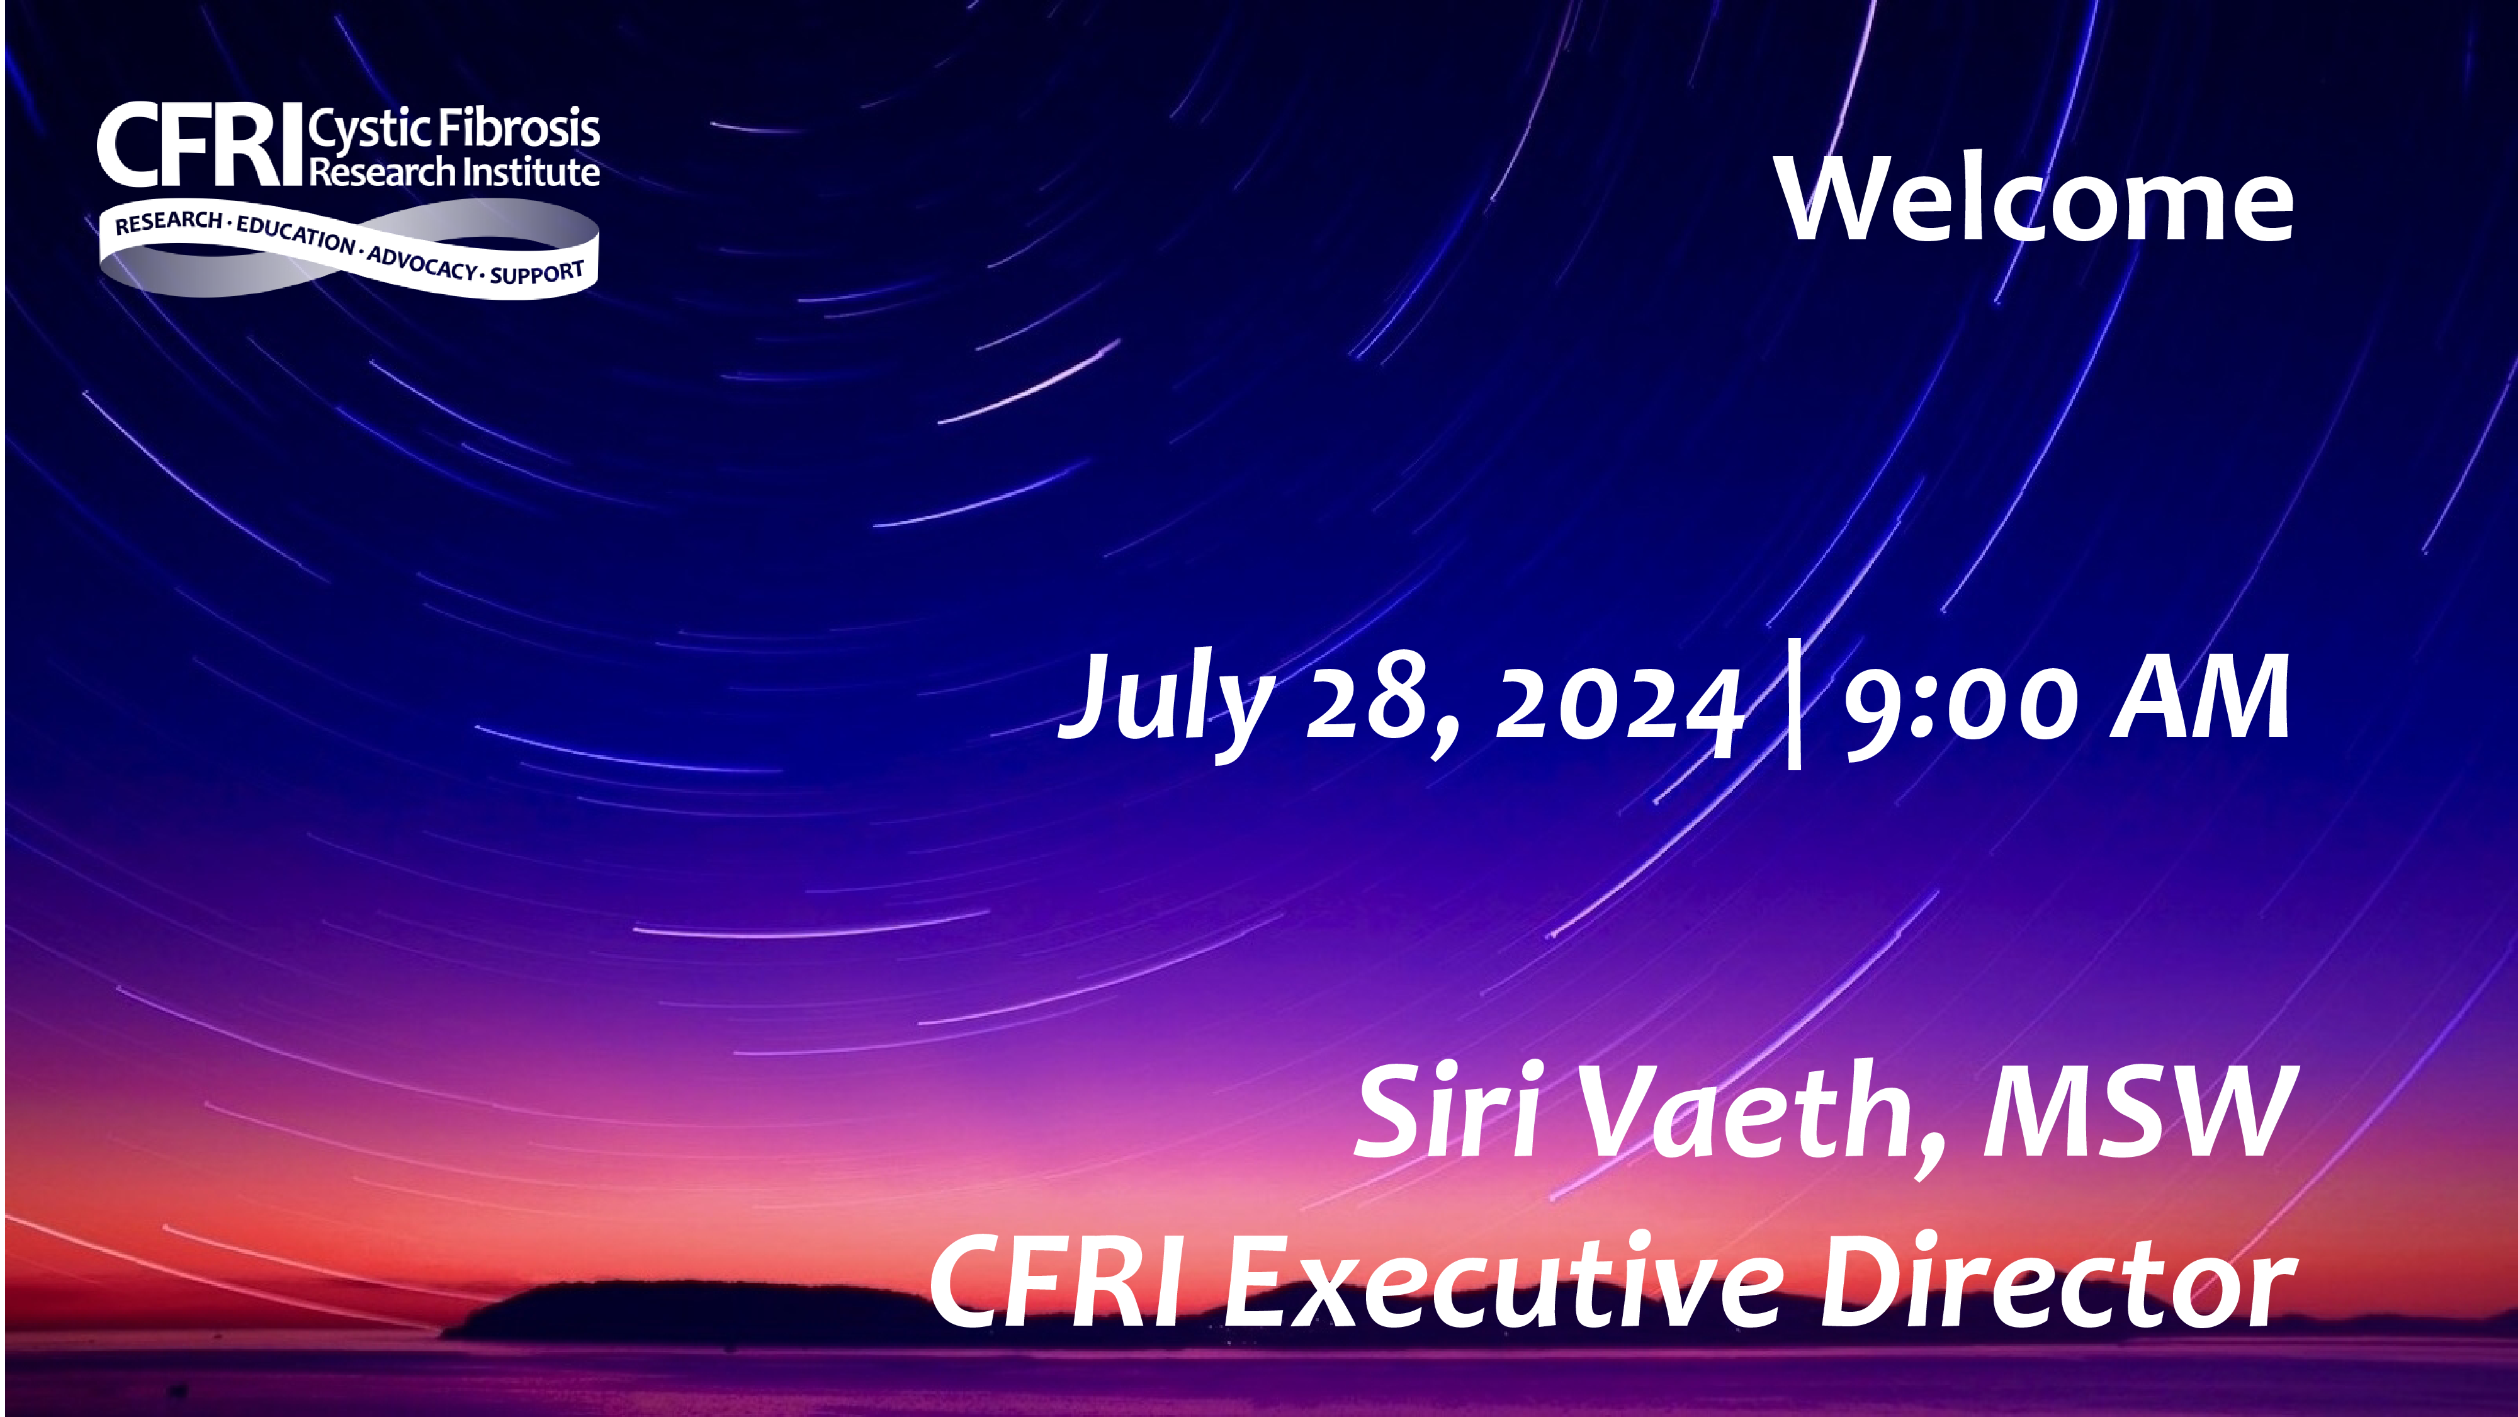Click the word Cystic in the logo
(370, 131)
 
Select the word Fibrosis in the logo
(518, 127)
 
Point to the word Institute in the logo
(531, 172)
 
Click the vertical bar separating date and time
(1793, 702)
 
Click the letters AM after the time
(2199, 697)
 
